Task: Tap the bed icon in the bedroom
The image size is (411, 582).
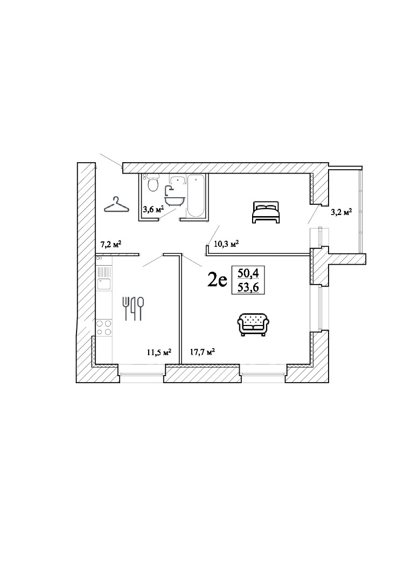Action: point(265,212)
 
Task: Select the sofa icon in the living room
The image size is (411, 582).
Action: point(253,324)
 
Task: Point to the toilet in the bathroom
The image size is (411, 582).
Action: point(152,183)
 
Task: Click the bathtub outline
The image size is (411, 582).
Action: point(196,196)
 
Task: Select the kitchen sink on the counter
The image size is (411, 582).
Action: point(104,283)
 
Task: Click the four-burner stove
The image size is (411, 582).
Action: point(104,328)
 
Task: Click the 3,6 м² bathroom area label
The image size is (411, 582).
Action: point(153,210)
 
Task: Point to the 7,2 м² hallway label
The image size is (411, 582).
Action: point(112,244)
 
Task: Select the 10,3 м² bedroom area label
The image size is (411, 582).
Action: point(226,244)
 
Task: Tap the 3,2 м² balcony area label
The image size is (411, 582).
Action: point(341,212)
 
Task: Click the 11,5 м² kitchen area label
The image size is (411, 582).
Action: point(159,352)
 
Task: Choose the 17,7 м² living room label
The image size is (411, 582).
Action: point(203,352)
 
